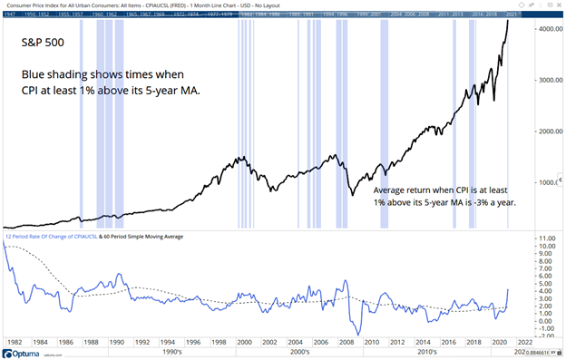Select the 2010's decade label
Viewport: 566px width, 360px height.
click(x=428, y=353)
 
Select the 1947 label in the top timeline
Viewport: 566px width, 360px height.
click(x=11, y=15)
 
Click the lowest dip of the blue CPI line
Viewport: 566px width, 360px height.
click(x=359, y=335)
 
